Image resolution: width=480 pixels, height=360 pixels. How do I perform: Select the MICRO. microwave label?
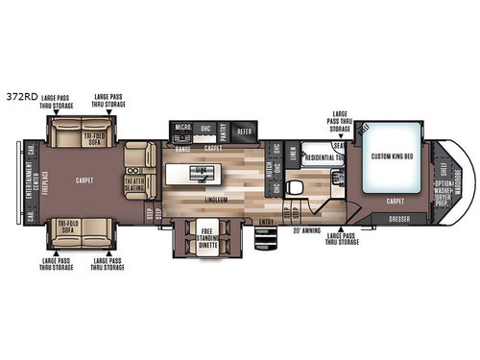click(x=182, y=127)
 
